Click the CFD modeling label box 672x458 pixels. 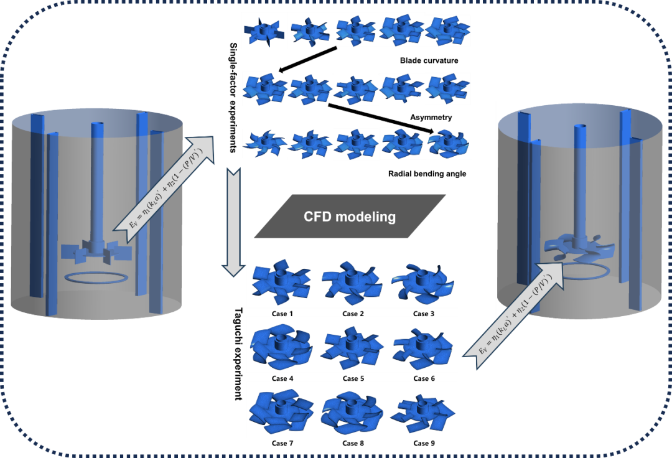pos(350,217)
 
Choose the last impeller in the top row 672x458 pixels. pos(447,30)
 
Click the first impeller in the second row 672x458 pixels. pos(264,89)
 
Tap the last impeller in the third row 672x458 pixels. pos(449,143)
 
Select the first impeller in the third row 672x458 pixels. pos(264,144)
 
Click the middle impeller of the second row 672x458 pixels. pos(357,89)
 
